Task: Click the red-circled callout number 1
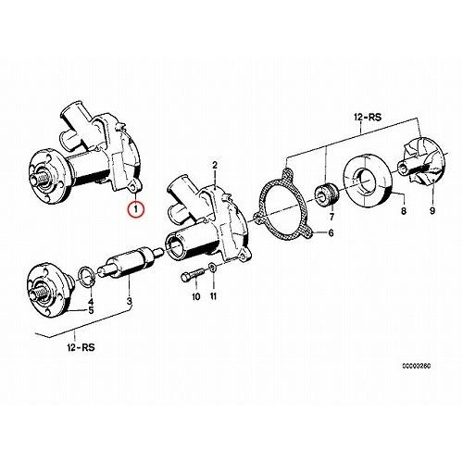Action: (136, 209)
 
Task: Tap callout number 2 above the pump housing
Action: (215, 165)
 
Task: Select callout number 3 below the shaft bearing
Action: (130, 301)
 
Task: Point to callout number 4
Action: (91, 301)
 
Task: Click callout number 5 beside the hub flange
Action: (91, 310)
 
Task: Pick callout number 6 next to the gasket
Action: (331, 232)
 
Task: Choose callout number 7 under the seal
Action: (332, 217)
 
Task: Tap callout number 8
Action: (404, 211)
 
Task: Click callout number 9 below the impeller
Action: (432, 211)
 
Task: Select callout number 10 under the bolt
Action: (196, 297)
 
